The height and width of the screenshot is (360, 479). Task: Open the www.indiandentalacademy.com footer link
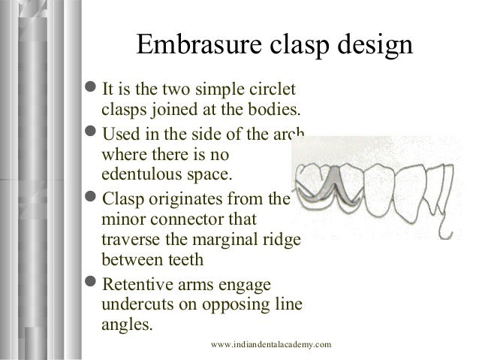(271, 344)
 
